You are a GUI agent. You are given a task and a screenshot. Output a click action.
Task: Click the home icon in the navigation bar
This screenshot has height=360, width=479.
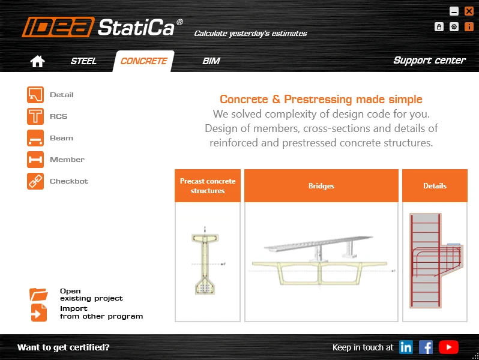(x=37, y=61)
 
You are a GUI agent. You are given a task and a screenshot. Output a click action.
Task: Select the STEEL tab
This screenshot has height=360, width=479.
(x=83, y=61)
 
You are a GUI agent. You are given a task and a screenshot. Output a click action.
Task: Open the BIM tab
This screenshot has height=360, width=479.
(x=211, y=61)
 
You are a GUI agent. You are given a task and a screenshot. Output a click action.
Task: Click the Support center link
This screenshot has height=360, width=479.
(x=430, y=60)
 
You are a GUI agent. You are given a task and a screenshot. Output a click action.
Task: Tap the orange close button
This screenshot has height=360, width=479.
(x=469, y=11)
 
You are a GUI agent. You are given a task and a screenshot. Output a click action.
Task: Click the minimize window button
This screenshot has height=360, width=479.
(x=454, y=11)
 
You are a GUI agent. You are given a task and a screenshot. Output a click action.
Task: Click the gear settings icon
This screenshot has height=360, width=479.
(x=454, y=27)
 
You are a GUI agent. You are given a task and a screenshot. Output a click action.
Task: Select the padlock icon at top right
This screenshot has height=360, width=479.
(x=439, y=27)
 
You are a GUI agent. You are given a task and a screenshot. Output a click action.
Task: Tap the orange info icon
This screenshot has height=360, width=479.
(x=469, y=27)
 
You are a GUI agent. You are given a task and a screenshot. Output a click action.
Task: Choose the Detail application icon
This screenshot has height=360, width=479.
(x=35, y=95)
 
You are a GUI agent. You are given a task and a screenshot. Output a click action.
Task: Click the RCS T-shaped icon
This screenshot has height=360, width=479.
(x=35, y=116)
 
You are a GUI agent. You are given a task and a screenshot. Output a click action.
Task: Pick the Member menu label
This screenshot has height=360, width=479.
(x=67, y=160)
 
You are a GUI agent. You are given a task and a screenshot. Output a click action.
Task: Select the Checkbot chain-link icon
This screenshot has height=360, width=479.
(x=35, y=181)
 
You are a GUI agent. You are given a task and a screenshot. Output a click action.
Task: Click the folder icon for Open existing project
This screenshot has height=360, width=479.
(x=38, y=295)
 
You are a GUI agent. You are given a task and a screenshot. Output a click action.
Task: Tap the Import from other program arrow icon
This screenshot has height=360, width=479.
(x=39, y=313)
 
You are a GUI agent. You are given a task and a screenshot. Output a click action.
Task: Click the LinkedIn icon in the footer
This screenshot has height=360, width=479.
(x=406, y=347)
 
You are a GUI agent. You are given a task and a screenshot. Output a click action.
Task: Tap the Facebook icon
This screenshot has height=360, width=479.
(x=426, y=347)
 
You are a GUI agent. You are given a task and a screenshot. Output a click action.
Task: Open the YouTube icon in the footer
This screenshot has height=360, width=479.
(x=448, y=347)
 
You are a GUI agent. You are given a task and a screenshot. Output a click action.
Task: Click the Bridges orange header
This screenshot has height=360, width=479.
(x=321, y=185)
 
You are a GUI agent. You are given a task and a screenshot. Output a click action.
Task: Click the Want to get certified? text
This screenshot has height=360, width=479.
(x=63, y=347)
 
